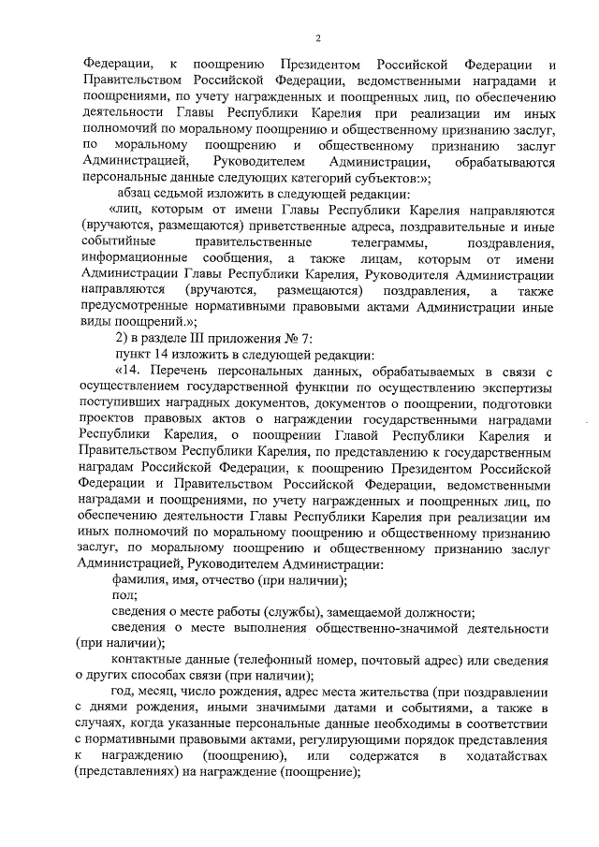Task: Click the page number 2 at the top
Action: [x=318, y=38]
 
